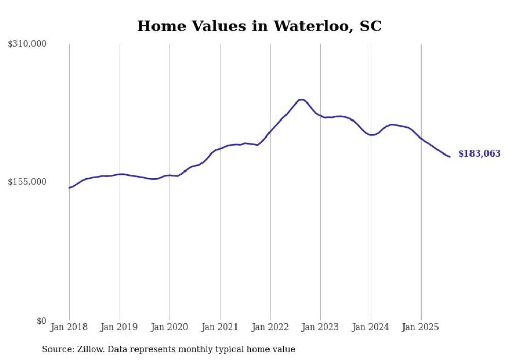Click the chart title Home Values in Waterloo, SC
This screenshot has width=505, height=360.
259,26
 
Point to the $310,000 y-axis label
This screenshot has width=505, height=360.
27,44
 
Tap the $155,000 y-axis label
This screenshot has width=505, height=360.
27,182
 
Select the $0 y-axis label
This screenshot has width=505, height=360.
41,321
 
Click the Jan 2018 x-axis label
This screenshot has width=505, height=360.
69,327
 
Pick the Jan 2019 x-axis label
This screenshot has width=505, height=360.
120,327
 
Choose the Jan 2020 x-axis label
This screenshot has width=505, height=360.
170,327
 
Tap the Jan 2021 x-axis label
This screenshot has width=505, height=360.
220,327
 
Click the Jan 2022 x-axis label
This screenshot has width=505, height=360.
270,327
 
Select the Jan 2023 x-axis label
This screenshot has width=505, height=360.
321,327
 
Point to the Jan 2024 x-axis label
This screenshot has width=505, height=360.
371,327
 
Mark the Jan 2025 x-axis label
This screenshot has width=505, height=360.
421,327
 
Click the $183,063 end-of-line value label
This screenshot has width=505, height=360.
479,154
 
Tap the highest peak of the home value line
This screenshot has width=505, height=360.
301,99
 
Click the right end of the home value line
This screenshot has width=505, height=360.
450,157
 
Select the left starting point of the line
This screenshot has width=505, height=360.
69,188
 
